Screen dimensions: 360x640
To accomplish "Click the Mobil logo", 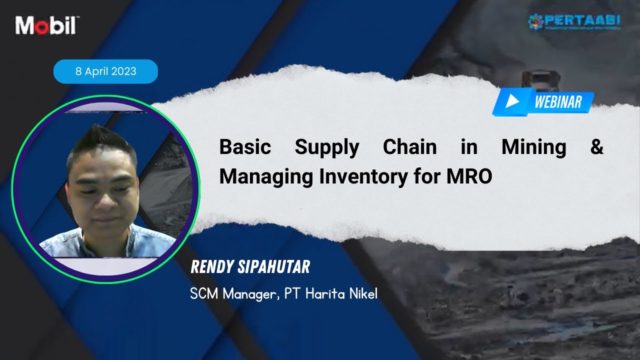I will (x=45, y=25).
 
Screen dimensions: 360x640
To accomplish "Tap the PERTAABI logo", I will (x=574, y=22).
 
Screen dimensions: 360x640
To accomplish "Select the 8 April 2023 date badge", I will (x=105, y=71).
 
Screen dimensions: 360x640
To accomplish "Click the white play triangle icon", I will (x=512, y=101).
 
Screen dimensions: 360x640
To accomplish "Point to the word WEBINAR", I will (x=558, y=102).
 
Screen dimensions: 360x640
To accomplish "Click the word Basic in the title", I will (x=245, y=147).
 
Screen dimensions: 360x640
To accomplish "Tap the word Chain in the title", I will (x=409, y=147).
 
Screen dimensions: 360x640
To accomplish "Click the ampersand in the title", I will (x=597, y=147).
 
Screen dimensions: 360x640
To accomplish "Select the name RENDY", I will (x=211, y=267).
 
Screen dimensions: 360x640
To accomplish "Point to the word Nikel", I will (x=362, y=293).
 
